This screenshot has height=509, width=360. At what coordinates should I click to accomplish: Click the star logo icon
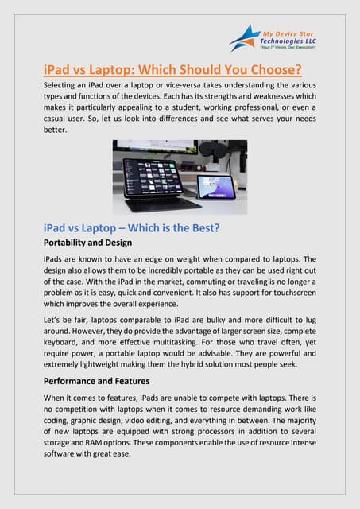pos(243,37)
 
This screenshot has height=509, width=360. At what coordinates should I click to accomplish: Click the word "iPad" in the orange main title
pos(60,69)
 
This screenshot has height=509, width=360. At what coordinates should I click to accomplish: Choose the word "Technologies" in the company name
pos(285,40)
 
